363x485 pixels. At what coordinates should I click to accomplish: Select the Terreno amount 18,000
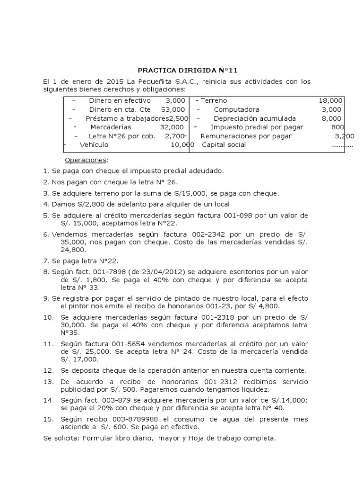coord(330,100)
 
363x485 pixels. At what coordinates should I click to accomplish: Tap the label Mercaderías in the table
coord(111,127)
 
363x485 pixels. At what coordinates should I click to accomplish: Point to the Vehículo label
coord(94,144)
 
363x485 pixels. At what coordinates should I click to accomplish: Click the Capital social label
coord(224,144)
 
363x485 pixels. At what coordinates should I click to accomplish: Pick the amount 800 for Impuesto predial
coord(337,127)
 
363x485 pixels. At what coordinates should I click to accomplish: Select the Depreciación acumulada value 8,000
coord(331,118)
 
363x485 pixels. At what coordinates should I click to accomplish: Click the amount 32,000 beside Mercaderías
coord(172,127)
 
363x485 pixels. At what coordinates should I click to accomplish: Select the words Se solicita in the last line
coord(61,438)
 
